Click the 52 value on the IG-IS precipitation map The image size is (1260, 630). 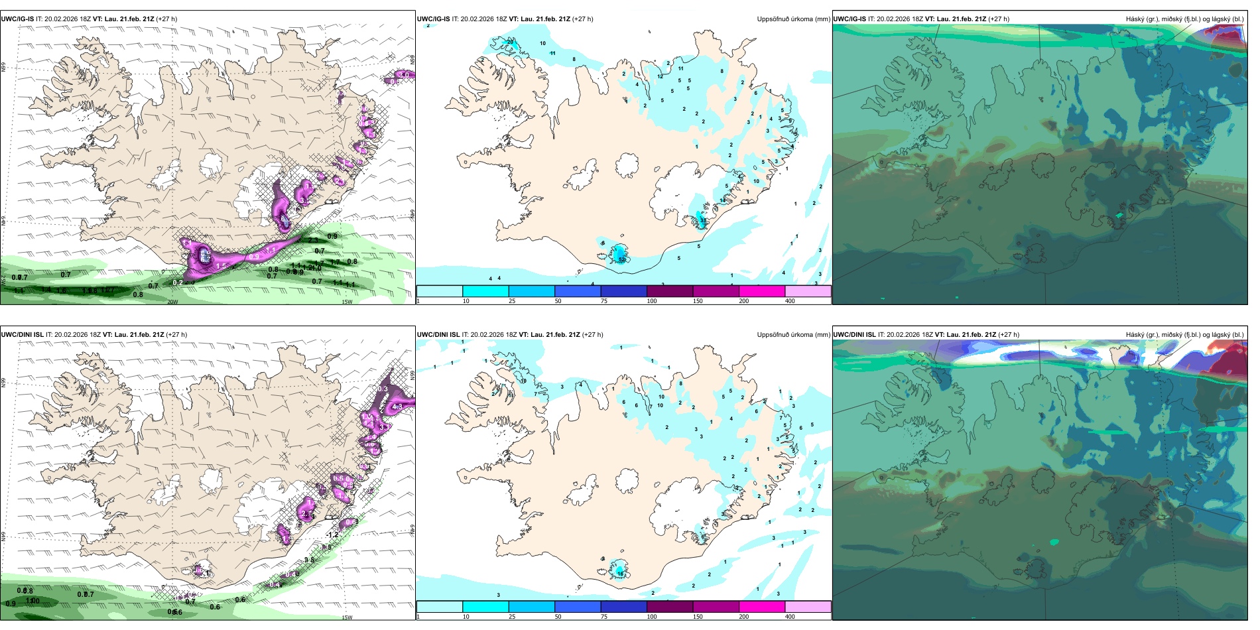tap(622, 260)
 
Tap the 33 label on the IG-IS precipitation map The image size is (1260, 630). tap(703, 220)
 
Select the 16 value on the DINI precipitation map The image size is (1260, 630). tap(620, 572)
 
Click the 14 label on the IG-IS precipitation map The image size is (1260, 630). tap(723, 200)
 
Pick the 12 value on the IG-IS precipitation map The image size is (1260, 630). tap(660, 76)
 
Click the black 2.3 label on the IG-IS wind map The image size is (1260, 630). tap(313, 241)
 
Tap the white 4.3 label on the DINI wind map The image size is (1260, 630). tap(397, 407)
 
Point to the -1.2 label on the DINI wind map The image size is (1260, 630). tap(332, 535)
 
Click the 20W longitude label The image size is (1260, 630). tap(172, 302)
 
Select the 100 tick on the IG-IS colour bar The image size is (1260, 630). tap(652, 301)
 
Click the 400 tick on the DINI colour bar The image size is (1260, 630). tap(790, 617)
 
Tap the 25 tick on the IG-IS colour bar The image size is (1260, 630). tap(512, 301)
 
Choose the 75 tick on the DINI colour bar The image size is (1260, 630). tap(604, 617)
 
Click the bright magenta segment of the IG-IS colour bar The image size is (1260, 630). tap(762, 290)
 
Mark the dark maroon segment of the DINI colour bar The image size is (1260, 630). tap(670, 607)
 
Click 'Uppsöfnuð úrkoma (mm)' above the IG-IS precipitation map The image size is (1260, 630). tap(793, 19)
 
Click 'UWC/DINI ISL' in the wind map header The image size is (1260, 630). tap(23, 335)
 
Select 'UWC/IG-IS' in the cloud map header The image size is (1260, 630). tap(850, 19)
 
